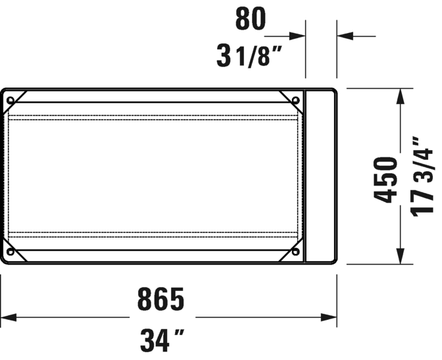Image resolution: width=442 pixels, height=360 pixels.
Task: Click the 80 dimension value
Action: click(x=251, y=20)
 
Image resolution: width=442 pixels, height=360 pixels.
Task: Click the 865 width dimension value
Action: click(x=161, y=300)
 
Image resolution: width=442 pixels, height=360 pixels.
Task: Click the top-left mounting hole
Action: click(x=11, y=100)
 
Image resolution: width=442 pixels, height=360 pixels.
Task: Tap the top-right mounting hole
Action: click(x=296, y=100)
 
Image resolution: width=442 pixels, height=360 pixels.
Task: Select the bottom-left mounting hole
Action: click(x=11, y=251)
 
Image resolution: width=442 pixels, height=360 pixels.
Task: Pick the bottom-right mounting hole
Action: click(x=296, y=251)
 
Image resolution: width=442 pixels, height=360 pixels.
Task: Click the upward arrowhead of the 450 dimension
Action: click(x=399, y=95)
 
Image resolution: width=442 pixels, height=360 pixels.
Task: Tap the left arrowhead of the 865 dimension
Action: click(x=8, y=319)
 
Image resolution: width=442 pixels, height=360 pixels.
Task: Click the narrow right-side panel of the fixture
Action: click(x=321, y=176)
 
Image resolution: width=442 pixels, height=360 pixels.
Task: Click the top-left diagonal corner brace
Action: click(x=20, y=96)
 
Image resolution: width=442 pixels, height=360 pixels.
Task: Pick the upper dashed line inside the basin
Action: click(x=155, y=117)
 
